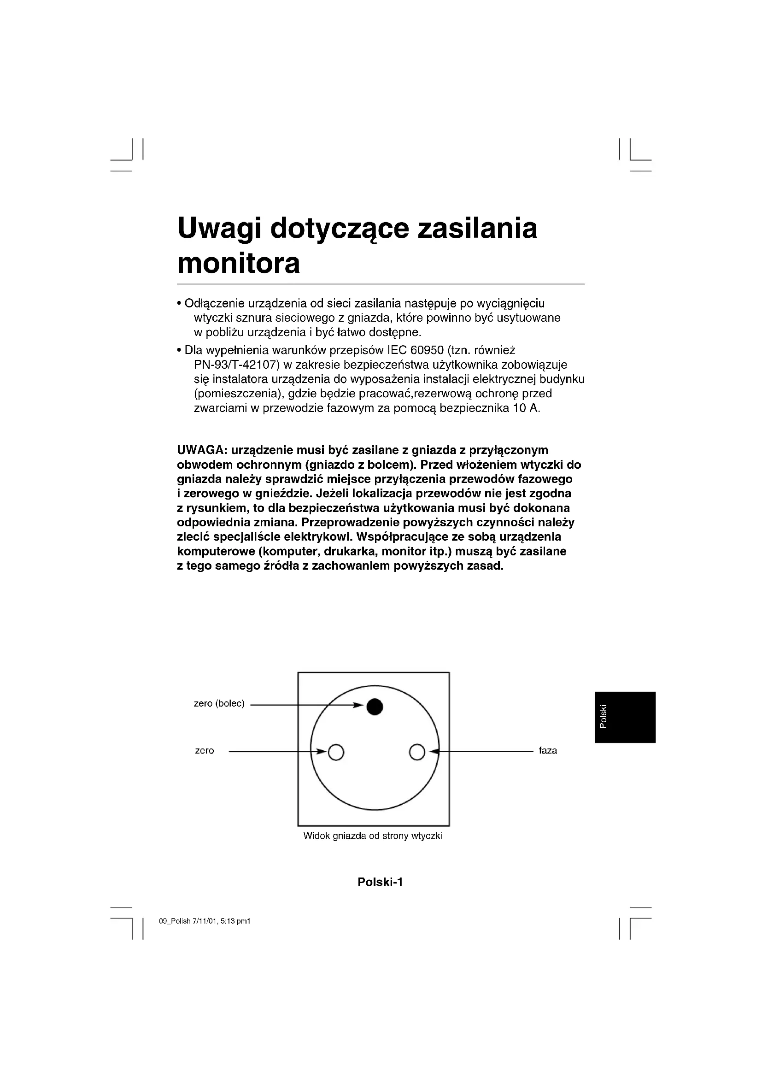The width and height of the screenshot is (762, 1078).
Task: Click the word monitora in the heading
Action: [238, 264]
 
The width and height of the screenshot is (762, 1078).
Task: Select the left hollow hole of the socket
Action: [336, 752]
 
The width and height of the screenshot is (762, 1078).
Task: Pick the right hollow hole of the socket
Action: [417, 752]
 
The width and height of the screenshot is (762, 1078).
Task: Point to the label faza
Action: [548, 751]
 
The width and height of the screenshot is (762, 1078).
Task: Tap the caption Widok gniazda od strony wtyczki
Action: [373, 836]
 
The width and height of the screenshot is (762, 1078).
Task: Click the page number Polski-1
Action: [380, 882]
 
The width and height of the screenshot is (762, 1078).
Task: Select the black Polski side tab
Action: [625, 717]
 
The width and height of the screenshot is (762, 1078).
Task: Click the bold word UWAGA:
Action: [202, 450]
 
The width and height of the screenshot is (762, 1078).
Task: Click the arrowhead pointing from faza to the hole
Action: [434, 752]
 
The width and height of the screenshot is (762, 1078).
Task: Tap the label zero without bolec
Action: [205, 751]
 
